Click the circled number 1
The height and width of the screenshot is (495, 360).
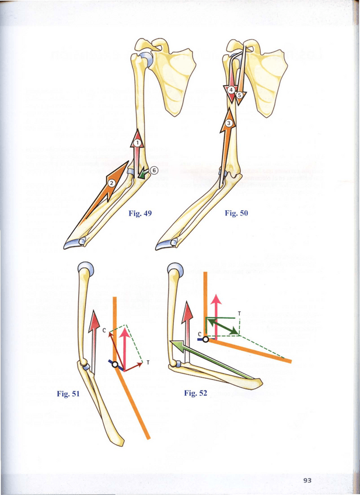pyautogui.click(x=137, y=142)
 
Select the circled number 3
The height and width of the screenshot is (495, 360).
pyautogui.click(x=229, y=123)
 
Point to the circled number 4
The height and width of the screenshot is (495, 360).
pyautogui.click(x=232, y=90)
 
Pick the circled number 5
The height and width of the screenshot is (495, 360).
pyautogui.click(x=239, y=95)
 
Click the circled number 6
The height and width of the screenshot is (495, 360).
pyautogui.click(x=154, y=170)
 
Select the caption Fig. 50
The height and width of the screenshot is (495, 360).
pyautogui.click(x=236, y=214)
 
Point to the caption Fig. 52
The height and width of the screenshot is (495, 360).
pyautogui.click(x=195, y=393)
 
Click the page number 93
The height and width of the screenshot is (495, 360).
pyautogui.click(x=307, y=480)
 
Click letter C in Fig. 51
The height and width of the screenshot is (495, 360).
pyautogui.click(x=104, y=331)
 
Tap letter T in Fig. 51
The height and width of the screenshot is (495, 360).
pyautogui.click(x=148, y=362)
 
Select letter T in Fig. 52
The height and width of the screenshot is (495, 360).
pyautogui.click(x=239, y=313)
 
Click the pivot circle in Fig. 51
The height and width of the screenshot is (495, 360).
pyautogui.click(x=116, y=365)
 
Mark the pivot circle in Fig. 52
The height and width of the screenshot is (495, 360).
pyautogui.click(x=206, y=339)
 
